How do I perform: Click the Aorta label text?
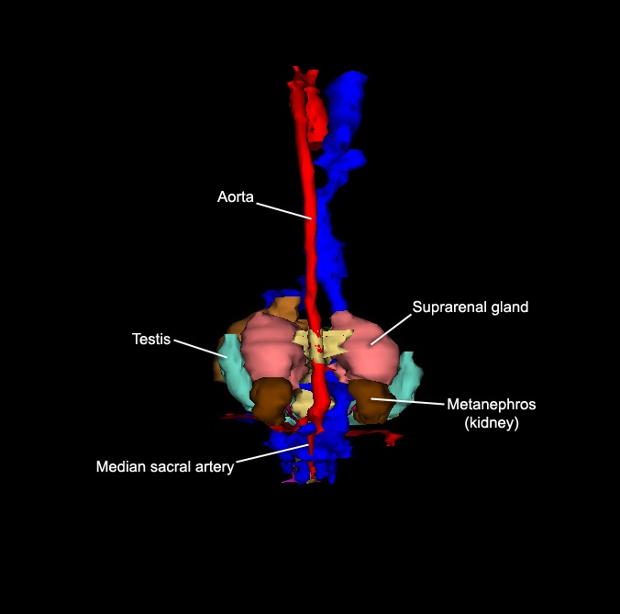point(236,196)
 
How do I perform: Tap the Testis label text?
point(151,339)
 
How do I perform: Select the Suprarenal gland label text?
point(471,307)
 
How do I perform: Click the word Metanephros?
point(492,405)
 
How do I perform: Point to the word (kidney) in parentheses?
point(492,422)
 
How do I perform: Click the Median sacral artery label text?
point(165,467)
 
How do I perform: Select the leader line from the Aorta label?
point(284,211)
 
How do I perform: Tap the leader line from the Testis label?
point(201,349)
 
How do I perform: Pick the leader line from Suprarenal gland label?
point(391,329)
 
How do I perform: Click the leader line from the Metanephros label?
point(407,402)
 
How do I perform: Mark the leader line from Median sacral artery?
point(272,453)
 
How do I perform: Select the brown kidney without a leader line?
point(271,400)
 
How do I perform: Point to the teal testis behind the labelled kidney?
point(407,380)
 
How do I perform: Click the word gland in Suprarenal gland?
point(510,307)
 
